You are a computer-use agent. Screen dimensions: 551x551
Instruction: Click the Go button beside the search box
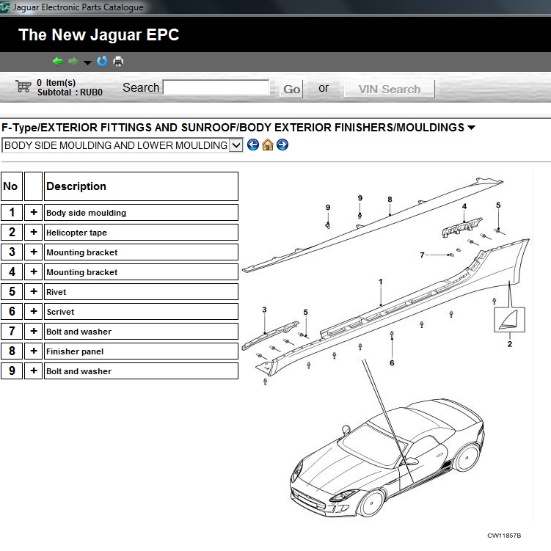(x=291, y=90)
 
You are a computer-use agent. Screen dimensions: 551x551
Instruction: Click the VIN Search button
(x=390, y=90)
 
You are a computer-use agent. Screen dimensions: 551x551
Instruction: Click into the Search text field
(x=216, y=87)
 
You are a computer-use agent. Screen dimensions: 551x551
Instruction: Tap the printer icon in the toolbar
(x=118, y=61)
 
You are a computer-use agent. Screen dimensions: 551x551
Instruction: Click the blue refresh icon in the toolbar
(x=102, y=61)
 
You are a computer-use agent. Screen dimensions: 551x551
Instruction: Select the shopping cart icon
(x=23, y=86)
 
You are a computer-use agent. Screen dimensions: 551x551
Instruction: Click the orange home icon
(x=267, y=145)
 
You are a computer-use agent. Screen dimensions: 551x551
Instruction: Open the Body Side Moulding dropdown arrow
(x=236, y=145)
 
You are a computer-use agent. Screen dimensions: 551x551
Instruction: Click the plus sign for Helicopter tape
(x=34, y=232)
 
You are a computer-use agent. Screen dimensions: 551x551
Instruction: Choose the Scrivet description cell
(x=142, y=311)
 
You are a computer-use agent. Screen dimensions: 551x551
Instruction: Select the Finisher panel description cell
(x=142, y=351)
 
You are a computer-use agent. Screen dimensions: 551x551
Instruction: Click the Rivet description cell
(x=142, y=292)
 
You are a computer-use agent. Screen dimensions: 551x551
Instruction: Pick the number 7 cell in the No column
(x=12, y=331)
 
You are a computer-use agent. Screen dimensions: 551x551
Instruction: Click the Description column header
(x=142, y=186)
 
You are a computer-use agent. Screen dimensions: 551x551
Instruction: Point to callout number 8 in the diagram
(x=390, y=200)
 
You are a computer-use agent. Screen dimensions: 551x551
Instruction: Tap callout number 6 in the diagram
(x=392, y=362)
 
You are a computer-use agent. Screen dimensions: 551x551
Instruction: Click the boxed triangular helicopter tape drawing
(x=509, y=319)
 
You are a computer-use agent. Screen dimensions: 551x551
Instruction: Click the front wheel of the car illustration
(x=371, y=503)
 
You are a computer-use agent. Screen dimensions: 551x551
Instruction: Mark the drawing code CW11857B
(x=504, y=536)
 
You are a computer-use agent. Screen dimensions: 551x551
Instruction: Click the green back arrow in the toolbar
(x=58, y=61)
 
